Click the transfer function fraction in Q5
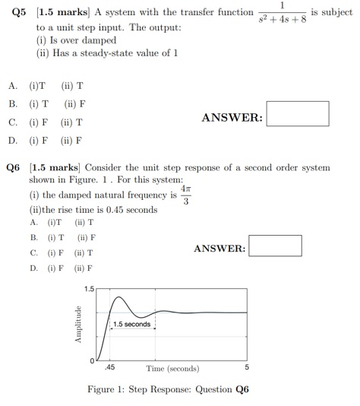point(282,13)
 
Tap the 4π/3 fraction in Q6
point(185,195)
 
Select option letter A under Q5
point(12,87)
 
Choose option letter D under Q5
point(12,141)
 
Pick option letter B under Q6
point(33,238)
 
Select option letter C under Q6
point(33,252)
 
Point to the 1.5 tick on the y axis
point(90,290)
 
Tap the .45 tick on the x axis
point(110,368)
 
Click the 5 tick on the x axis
point(246,368)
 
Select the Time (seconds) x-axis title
point(172,369)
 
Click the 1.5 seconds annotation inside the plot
point(132,325)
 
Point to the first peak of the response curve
point(118,297)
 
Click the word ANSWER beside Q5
point(232,118)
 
